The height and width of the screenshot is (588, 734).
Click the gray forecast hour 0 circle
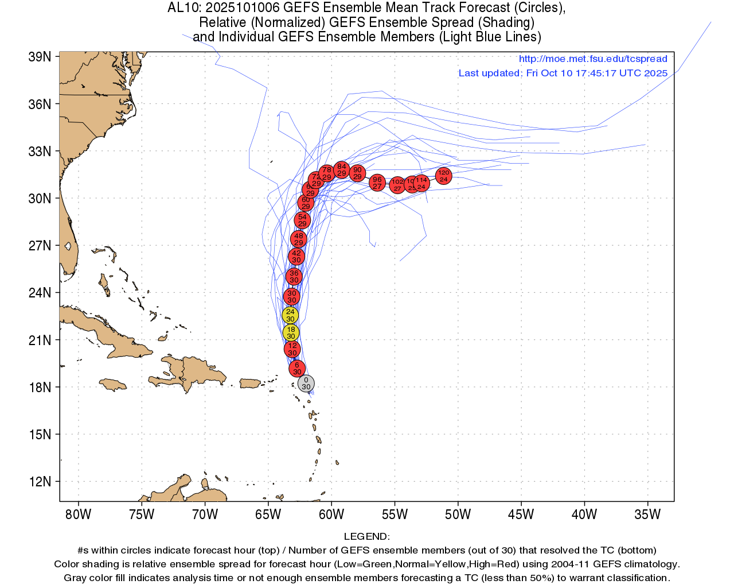tap(306, 384)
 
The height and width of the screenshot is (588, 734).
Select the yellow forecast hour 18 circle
tap(291, 332)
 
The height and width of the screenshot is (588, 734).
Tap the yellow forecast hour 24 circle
tap(290, 315)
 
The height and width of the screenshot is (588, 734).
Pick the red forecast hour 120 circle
tap(443, 176)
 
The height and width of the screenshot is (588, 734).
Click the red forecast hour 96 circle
tap(377, 183)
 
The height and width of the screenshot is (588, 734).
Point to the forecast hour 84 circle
tap(342, 169)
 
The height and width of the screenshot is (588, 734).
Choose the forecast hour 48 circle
tap(298, 239)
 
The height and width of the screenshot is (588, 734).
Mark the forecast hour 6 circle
tap(296, 368)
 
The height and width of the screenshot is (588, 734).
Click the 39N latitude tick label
tap(40, 57)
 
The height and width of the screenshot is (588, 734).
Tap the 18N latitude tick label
tap(40, 387)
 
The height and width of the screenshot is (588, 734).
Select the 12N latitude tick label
tap(40, 481)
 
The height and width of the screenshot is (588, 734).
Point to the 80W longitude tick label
tap(79, 514)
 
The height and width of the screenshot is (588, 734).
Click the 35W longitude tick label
tap(648, 514)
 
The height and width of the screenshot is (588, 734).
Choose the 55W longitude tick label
tap(395, 514)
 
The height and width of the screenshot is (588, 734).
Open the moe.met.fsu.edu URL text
tap(593, 59)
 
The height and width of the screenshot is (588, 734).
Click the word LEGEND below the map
tap(366, 536)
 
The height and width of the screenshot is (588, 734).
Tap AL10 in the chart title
tap(183, 8)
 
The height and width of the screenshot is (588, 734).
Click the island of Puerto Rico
tap(250, 383)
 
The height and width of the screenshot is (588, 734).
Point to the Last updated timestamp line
tap(563, 73)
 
